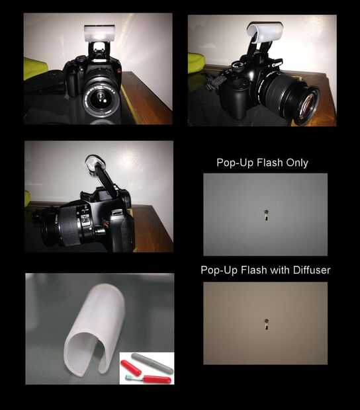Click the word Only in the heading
click(x=297, y=163)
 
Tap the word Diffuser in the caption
click(x=312, y=270)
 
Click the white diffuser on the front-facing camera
click(x=99, y=32)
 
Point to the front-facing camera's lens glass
click(x=101, y=99)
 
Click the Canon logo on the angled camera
click(x=277, y=63)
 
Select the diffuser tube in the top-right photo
click(x=265, y=32)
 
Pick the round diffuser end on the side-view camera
click(x=94, y=163)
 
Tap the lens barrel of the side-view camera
click(x=66, y=226)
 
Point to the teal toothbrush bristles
click(x=129, y=378)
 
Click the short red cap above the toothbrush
click(x=131, y=368)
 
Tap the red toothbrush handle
click(x=156, y=380)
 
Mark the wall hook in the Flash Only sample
click(x=266, y=215)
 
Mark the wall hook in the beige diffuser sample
click(x=267, y=324)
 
